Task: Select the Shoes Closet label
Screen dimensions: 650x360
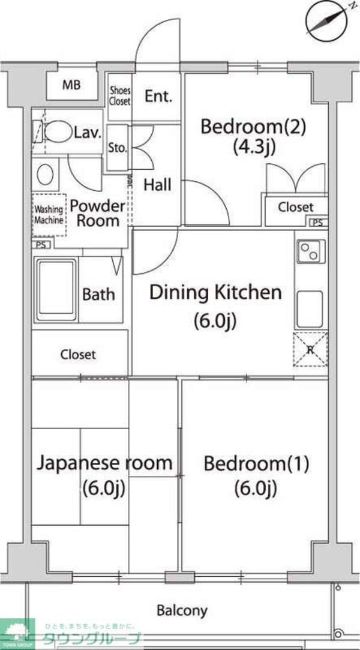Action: [x=119, y=96]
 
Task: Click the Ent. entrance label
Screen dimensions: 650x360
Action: [x=158, y=95]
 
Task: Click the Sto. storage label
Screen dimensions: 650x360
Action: [x=117, y=147]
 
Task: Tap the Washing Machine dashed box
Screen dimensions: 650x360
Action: [x=49, y=215]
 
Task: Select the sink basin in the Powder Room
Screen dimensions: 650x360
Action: [x=45, y=175]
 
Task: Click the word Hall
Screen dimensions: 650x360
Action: [x=157, y=184]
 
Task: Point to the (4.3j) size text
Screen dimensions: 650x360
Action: [x=255, y=146]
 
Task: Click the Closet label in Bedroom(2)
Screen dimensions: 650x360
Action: [x=295, y=207]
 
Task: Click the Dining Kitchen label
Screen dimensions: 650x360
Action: [x=215, y=293]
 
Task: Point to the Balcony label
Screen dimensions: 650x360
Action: [x=182, y=611]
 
